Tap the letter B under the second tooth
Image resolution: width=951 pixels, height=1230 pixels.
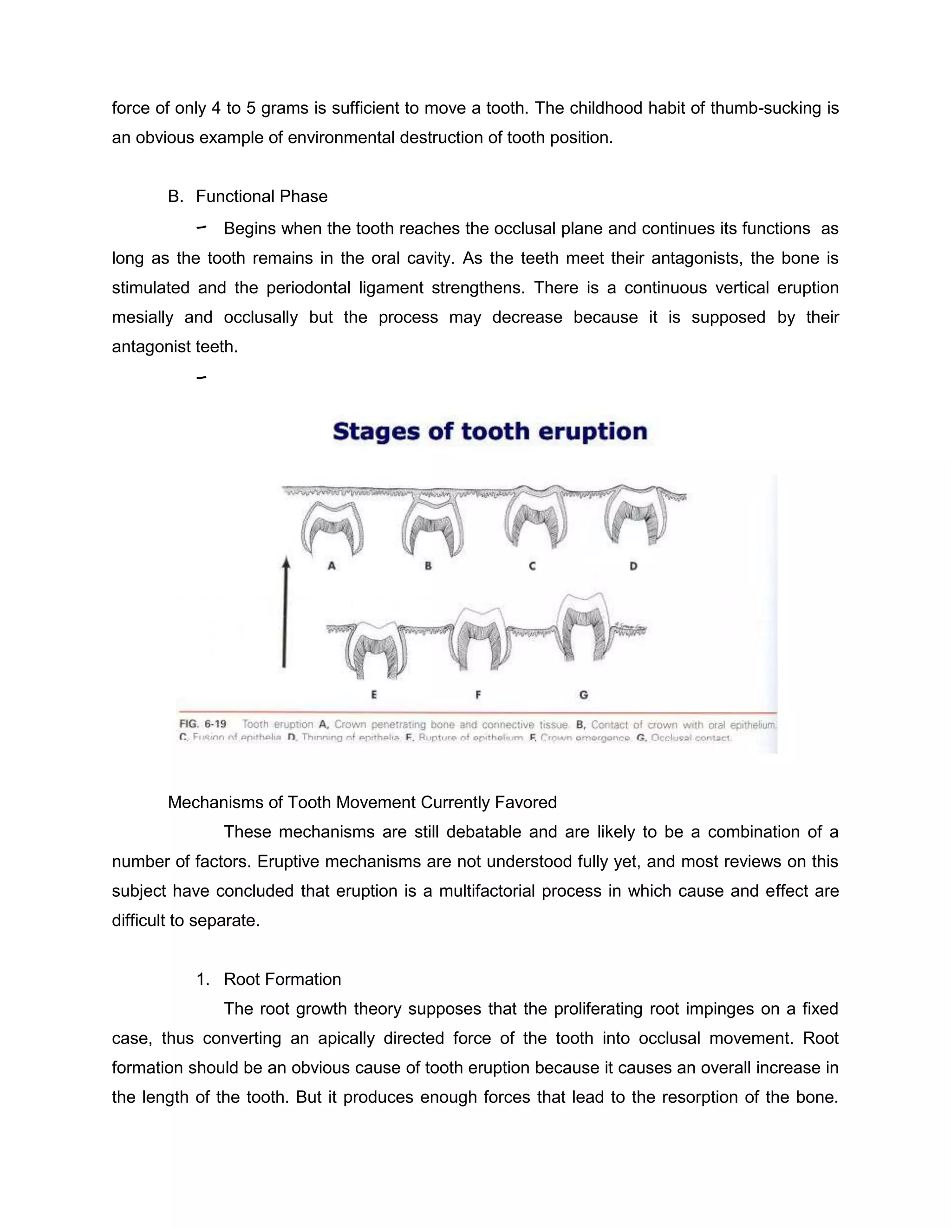[x=428, y=565]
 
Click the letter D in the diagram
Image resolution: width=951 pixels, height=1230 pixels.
[x=633, y=565]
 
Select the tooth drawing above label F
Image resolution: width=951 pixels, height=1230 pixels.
[x=478, y=636]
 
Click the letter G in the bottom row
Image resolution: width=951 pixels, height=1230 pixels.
[x=584, y=694]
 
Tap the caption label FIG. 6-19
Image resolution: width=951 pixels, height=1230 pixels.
[x=203, y=724]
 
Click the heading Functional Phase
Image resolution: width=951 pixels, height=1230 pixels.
[x=261, y=196]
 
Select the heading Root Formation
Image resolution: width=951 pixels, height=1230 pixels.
[x=282, y=979]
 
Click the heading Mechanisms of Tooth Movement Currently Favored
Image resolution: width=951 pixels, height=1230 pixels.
[x=362, y=802]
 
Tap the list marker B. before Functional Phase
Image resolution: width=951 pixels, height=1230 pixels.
[x=176, y=196]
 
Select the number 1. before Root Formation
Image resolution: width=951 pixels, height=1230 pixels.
[x=203, y=979]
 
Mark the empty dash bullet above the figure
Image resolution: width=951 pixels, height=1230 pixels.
[x=201, y=377]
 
